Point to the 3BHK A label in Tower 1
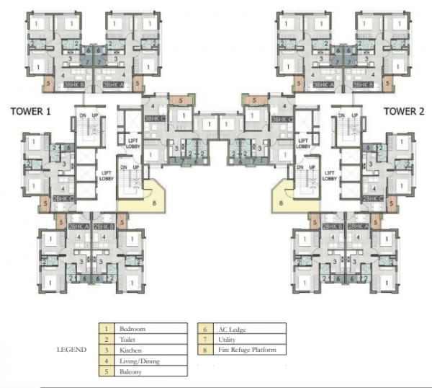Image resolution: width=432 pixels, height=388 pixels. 114,86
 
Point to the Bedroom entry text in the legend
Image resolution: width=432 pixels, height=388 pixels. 134,329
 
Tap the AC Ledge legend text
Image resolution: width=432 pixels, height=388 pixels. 231,329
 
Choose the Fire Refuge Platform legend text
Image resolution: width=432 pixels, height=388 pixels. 248,350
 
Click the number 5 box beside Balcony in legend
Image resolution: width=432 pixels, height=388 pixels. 106,372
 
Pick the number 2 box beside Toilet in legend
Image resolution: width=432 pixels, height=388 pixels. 106,340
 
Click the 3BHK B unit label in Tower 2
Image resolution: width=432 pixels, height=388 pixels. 361,86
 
